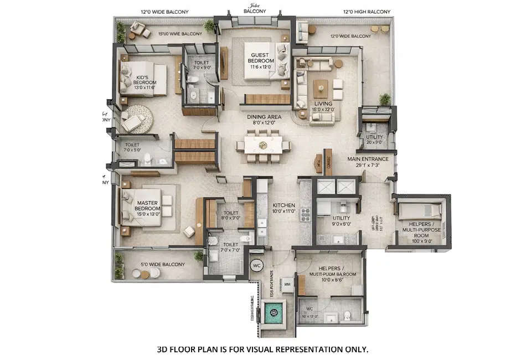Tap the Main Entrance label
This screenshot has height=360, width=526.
(x=368, y=162)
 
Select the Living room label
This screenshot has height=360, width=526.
(x=323, y=106)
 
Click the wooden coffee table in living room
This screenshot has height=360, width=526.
(x=321, y=88)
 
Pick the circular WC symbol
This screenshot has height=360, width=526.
(x=256, y=265)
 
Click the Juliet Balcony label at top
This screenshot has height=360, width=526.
(x=255, y=8)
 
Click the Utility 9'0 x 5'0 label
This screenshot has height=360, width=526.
(x=342, y=221)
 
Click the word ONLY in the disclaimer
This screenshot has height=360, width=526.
(x=354, y=349)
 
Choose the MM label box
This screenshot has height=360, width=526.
(x=287, y=284)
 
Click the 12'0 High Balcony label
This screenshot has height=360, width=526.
(x=366, y=12)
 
